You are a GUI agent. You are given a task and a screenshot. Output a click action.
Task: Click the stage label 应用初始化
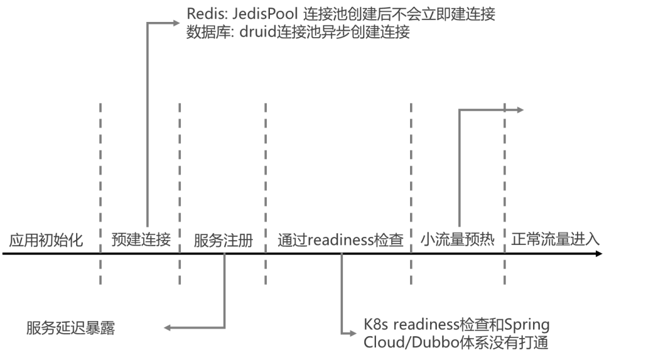(x=46, y=240)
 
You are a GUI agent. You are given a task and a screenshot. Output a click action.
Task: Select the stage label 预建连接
(x=141, y=240)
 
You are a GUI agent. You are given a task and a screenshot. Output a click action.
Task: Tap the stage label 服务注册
(x=223, y=240)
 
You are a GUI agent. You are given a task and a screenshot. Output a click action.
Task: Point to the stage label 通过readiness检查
(x=341, y=240)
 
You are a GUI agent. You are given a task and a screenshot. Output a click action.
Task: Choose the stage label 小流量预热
(x=457, y=240)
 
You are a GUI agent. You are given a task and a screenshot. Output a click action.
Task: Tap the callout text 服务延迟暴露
(x=71, y=329)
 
